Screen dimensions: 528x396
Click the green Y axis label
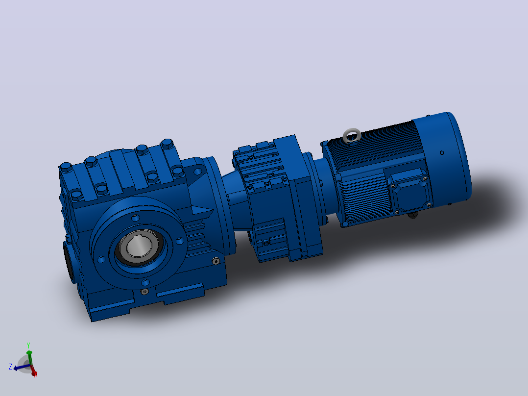pyautogui.click(x=28, y=346)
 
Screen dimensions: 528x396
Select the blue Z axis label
pyautogui.click(x=10, y=367)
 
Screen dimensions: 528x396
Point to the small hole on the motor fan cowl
pyautogui.click(x=442, y=153)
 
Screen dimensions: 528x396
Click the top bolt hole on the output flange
pyautogui.click(x=135, y=218)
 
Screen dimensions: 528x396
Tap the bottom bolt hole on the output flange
pyautogui.click(x=145, y=282)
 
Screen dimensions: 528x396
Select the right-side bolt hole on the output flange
pyautogui.click(x=180, y=241)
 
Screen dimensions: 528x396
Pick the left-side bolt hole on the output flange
pyautogui.click(x=101, y=259)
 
